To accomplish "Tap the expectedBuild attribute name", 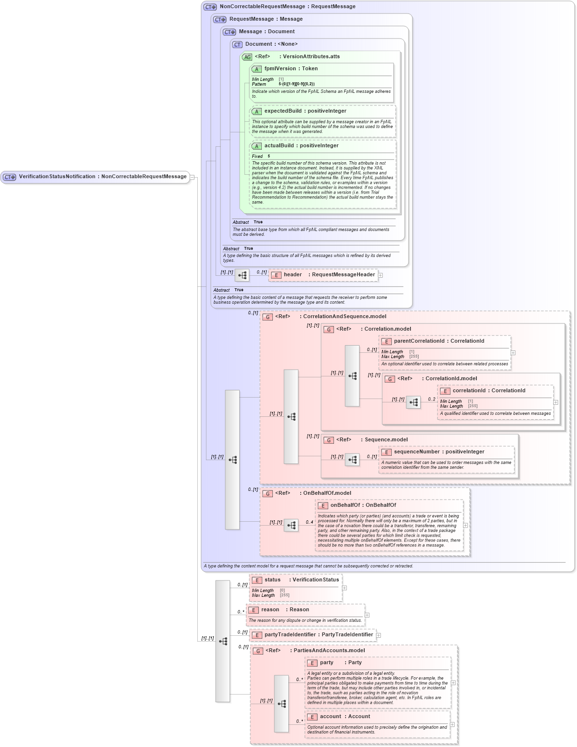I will tap(283, 111).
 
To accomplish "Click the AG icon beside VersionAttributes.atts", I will tap(247, 57).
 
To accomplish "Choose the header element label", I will tap(293, 275).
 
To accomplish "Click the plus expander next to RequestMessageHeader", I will tap(380, 275).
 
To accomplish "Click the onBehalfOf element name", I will tap(345, 505).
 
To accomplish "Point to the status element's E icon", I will tap(257, 580).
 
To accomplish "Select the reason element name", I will tap(270, 610).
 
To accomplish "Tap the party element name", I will tap(326, 663).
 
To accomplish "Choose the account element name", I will tap(330, 717).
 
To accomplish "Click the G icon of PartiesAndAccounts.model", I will tap(258, 651).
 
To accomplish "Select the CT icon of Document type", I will tap(237, 44).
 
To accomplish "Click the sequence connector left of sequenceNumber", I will tap(352, 460).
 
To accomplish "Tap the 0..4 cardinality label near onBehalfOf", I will tap(309, 522).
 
